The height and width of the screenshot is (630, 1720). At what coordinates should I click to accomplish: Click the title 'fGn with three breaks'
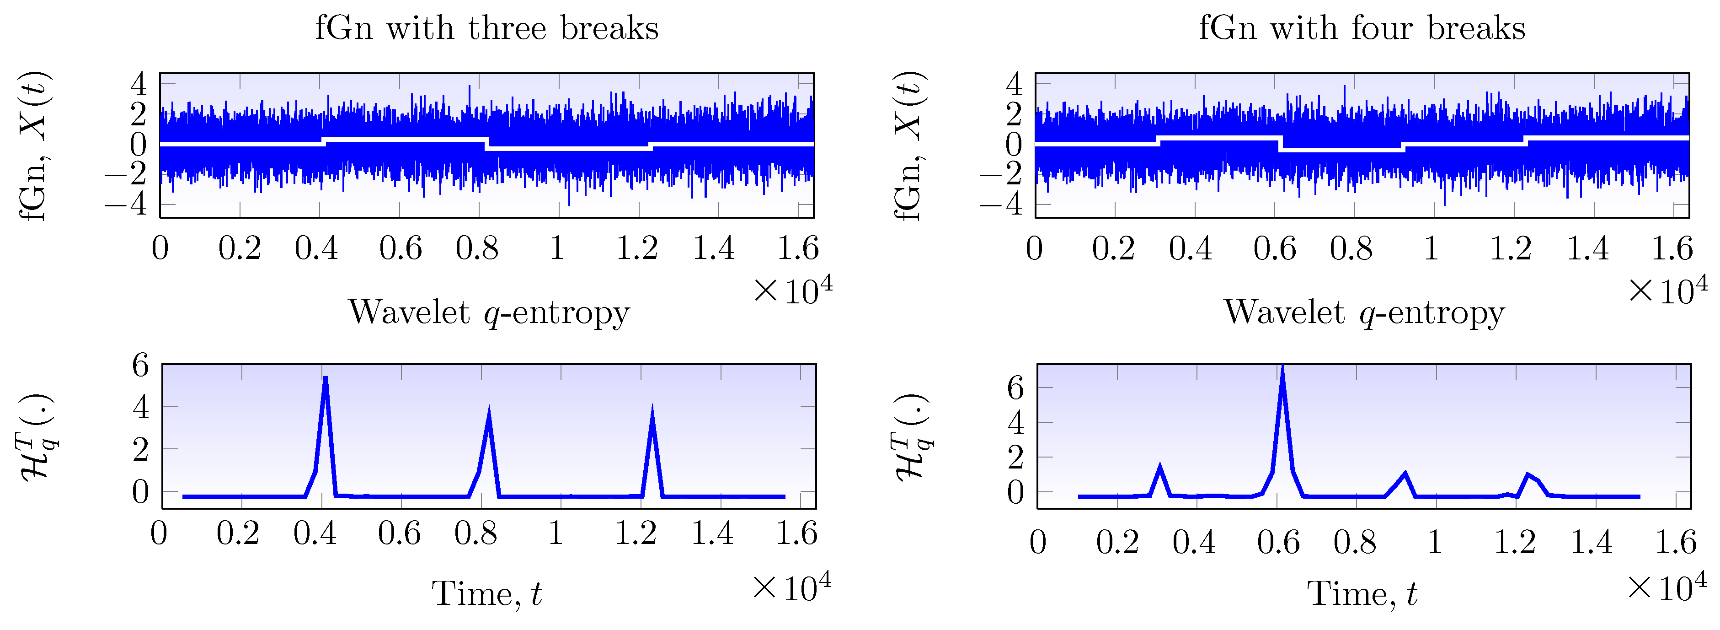(487, 28)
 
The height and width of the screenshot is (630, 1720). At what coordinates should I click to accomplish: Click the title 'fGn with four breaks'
(1362, 28)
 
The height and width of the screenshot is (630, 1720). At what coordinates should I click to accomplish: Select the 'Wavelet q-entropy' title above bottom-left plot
(488, 312)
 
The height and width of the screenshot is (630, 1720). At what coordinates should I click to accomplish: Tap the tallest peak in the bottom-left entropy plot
(325, 378)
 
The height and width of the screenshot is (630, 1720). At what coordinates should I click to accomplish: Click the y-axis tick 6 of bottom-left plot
(140, 366)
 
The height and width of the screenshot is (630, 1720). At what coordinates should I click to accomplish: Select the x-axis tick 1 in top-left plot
(557, 248)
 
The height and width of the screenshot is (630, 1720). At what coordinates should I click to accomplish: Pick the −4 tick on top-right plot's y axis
(1002, 203)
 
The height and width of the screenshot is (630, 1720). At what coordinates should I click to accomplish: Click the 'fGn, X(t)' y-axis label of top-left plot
(33, 145)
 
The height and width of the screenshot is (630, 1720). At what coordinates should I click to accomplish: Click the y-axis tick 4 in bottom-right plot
(1015, 423)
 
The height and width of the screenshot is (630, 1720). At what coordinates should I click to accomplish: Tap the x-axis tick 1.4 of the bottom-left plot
(712, 533)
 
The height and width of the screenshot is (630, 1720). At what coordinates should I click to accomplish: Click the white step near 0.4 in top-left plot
(323, 141)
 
